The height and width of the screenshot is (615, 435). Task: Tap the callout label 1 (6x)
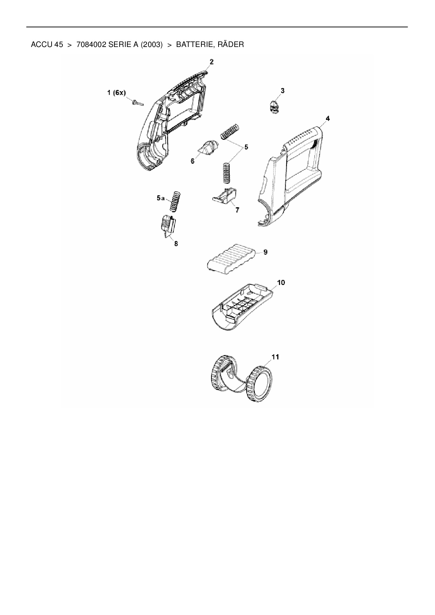116,93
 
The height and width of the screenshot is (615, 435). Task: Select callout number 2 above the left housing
212,62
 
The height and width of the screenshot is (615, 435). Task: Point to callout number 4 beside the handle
327,119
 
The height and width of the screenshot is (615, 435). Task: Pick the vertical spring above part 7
227,172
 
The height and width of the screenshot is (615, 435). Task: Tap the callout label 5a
161,198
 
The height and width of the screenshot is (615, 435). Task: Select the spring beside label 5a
175,201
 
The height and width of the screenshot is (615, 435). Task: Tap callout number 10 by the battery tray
281,283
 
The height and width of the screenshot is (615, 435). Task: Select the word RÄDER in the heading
230,45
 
